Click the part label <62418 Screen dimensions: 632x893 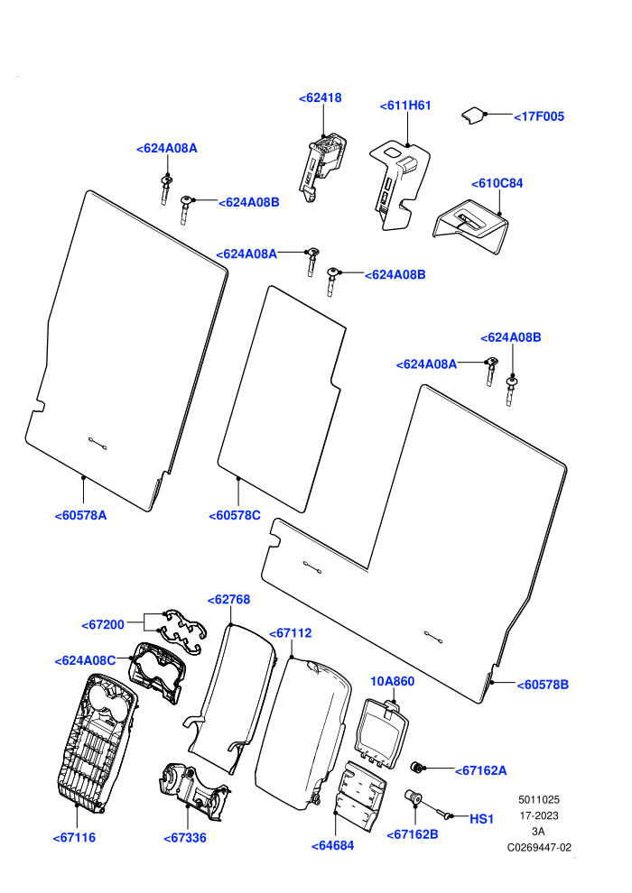[321, 98]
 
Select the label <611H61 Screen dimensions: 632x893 [405, 106]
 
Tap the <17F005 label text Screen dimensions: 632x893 [539, 116]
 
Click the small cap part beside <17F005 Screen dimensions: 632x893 [472, 115]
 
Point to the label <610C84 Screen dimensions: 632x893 [497, 183]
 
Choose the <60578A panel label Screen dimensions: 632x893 [80, 515]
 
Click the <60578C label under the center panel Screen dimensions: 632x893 [235, 515]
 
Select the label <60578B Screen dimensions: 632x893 [543, 685]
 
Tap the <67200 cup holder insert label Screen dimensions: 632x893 [103, 625]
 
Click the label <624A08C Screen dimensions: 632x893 [85, 660]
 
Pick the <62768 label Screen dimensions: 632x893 [229, 600]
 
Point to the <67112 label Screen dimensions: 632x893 [290, 633]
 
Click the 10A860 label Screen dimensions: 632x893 [393, 681]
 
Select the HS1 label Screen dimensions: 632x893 [481, 819]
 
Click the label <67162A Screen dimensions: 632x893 [481, 770]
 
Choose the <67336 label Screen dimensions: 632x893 [185, 838]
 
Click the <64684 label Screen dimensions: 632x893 [333, 846]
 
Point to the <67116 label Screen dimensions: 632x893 [74, 838]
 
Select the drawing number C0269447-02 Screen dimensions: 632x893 [539, 847]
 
